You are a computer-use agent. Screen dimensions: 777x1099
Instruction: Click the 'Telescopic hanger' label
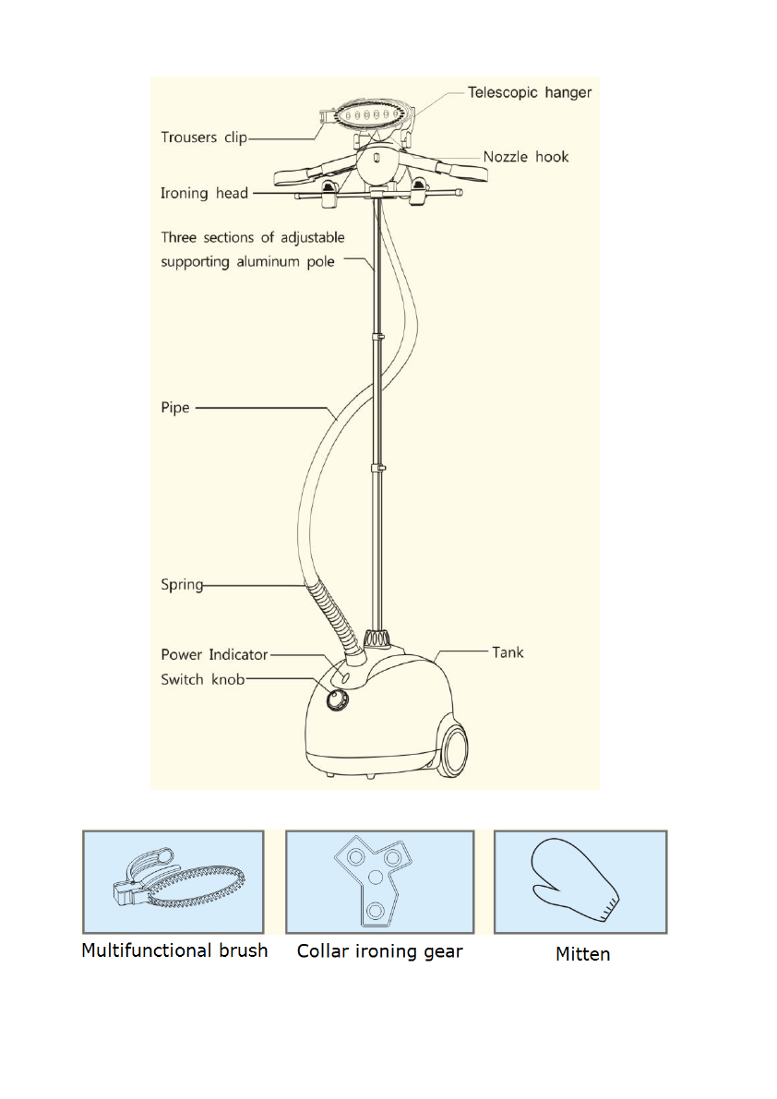click(529, 92)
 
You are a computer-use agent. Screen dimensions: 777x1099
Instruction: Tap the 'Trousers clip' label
click(204, 137)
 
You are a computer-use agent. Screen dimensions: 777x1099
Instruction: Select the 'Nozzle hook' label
click(526, 157)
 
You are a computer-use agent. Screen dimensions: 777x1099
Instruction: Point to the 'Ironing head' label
click(204, 193)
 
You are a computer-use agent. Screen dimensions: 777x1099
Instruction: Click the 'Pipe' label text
click(175, 408)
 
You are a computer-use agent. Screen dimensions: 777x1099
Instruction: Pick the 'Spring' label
click(182, 584)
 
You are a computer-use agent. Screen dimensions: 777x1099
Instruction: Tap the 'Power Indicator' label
click(214, 654)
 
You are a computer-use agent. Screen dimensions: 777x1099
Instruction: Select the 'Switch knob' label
click(203, 680)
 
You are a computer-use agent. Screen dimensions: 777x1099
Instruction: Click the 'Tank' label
click(508, 652)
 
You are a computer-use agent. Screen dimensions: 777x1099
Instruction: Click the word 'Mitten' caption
click(582, 954)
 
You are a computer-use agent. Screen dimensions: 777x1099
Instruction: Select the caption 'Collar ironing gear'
click(379, 950)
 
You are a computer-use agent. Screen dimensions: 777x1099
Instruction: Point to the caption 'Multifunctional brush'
click(174, 950)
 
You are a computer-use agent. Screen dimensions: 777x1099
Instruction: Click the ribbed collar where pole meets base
click(376, 639)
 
